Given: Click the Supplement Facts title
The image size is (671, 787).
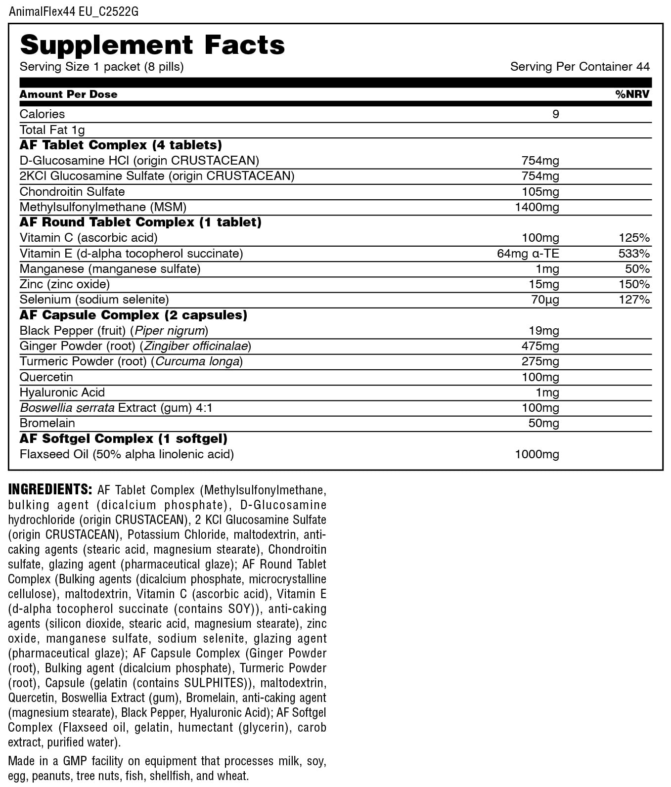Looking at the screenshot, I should [152, 45].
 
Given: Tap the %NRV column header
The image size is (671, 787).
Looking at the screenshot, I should [632, 94].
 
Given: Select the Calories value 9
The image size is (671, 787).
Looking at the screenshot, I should [555, 114].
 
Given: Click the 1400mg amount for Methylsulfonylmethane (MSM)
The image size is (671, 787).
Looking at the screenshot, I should [537, 207].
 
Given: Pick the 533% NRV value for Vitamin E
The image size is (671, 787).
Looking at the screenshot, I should [634, 254].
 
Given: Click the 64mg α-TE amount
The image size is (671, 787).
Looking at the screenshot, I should [528, 254].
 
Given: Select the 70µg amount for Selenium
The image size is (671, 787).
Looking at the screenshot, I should [545, 300].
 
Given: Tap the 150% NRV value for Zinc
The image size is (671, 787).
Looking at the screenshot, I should [634, 284].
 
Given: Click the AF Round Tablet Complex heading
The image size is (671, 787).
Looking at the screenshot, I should [140, 222].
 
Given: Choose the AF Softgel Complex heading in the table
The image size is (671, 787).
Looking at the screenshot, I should [123, 438].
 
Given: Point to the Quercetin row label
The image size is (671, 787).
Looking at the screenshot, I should [46, 377].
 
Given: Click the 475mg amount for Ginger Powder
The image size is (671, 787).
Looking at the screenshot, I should [540, 346].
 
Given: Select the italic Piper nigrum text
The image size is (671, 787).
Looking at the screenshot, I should [170, 331].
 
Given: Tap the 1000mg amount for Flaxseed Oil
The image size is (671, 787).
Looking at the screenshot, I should [537, 454].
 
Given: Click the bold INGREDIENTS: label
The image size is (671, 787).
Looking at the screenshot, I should [50, 489].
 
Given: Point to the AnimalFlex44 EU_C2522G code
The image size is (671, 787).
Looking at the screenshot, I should [74, 11].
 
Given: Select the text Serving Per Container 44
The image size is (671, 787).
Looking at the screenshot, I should [580, 67].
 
